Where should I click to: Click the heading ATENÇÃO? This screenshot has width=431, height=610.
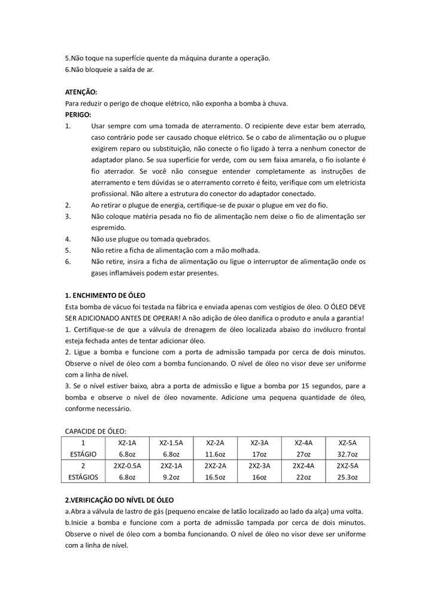coord(81,92)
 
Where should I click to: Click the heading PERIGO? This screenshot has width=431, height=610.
coord(78,114)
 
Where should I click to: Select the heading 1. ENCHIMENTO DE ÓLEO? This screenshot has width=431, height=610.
coord(105,295)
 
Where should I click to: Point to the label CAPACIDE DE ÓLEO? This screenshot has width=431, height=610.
coord(95,431)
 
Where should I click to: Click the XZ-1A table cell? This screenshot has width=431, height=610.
coord(127,443)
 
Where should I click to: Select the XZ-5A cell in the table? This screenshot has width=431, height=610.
coord(347,443)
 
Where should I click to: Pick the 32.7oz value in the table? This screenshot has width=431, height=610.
coord(347,454)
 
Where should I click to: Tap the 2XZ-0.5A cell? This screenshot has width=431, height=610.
coord(127,466)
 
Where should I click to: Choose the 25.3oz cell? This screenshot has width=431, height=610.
coord(347,477)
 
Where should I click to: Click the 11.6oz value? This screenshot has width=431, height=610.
coord(215,454)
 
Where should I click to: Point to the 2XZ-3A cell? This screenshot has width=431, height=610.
coord(259,466)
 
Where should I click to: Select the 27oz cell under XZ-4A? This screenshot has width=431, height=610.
coord(303,454)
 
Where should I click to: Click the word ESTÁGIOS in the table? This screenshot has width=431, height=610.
coord(83,477)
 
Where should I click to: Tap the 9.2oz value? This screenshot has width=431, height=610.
coord(171,477)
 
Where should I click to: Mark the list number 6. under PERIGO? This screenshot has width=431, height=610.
coord(68,261)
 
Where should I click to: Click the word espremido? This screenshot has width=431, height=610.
coord(108,228)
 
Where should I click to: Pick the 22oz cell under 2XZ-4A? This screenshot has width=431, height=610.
coord(303,477)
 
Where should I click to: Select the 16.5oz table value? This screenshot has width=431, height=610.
coord(215,477)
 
